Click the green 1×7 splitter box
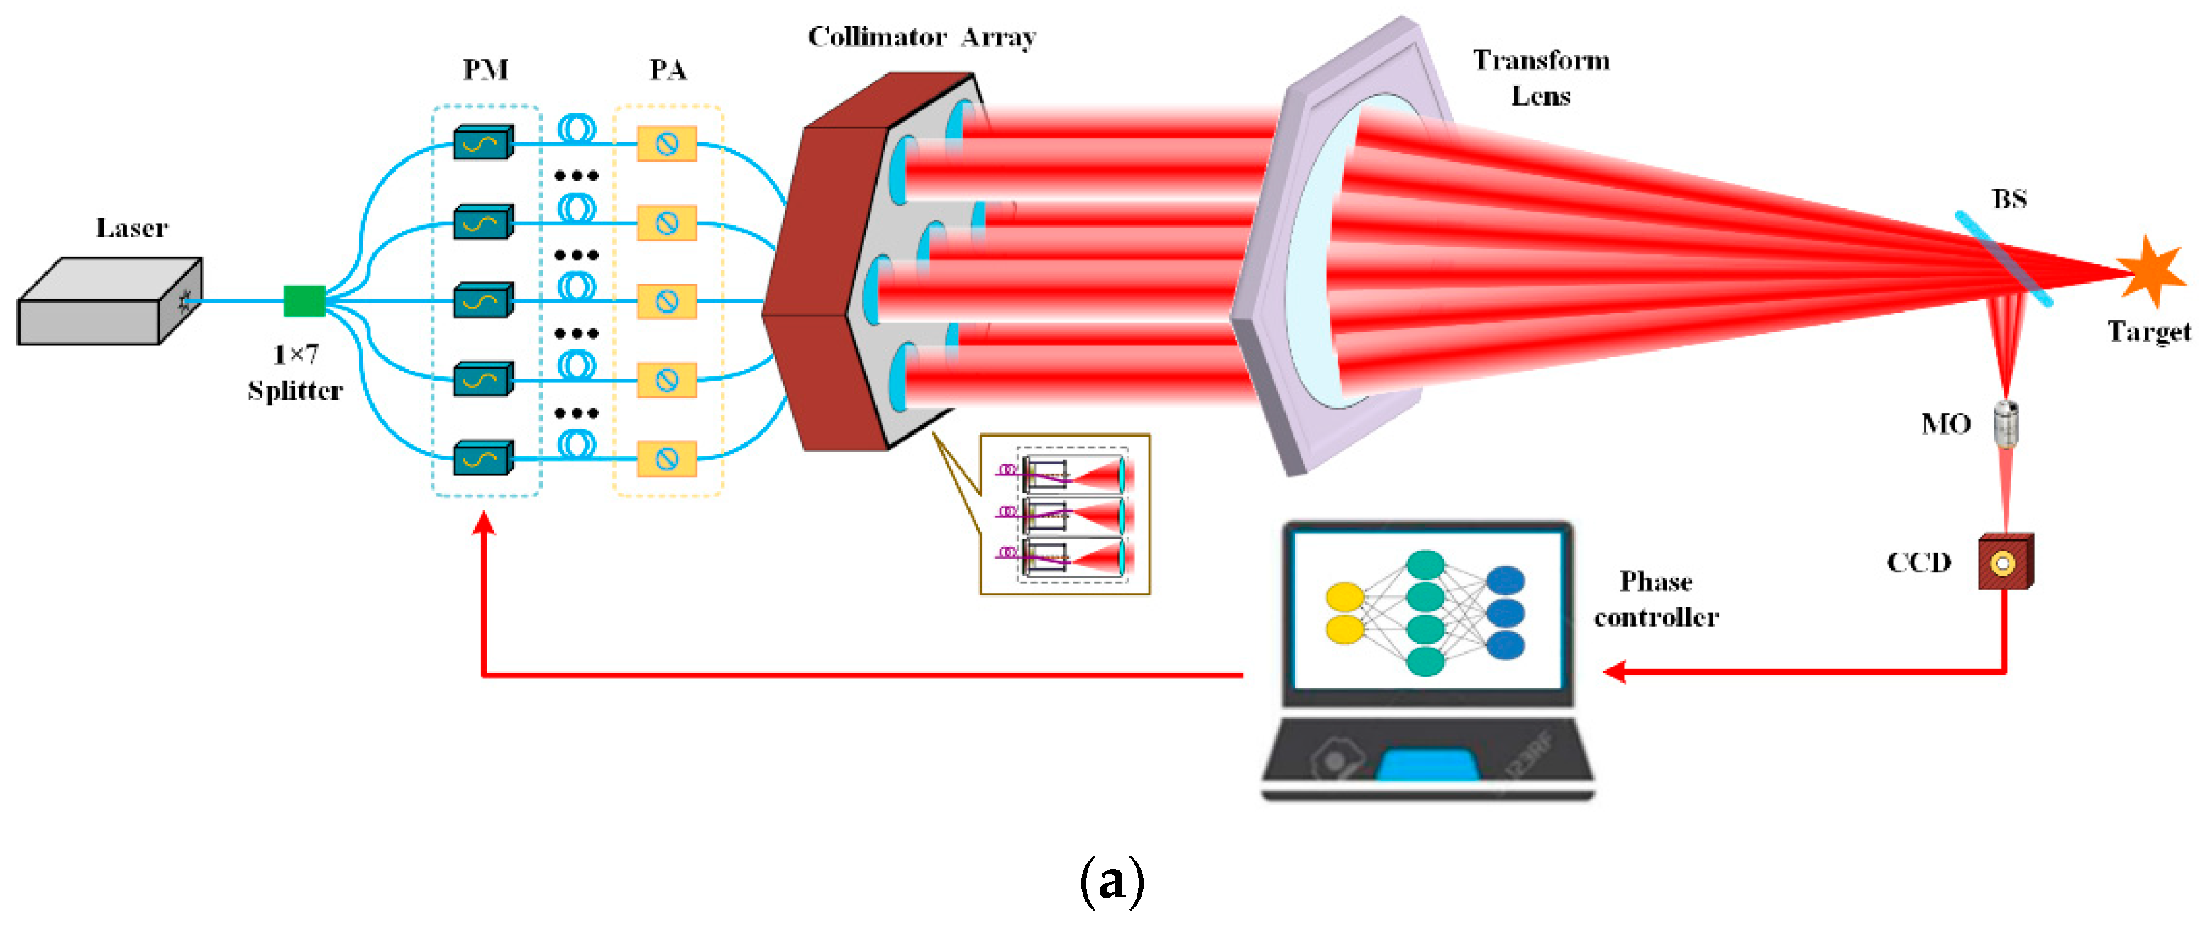pyautogui.click(x=304, y=301)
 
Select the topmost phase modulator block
pyautogui.click(x=482, y=143)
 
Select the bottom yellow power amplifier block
pyautogui.click(x=667, y=459)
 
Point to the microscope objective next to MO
pyautogui.click(x=2006, y=423)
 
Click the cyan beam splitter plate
pyautogui.click(x=2003, y=259)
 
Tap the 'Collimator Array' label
pyautogui.click(x=922, y=37)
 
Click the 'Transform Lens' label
pyautogui.click(x=1541, y=77)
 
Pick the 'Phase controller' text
pyautogui.click(x=1655, y=599)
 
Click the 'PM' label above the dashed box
pyautogui.click(x=485, y=69)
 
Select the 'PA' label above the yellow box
pyautogui.click(x=668, y=69)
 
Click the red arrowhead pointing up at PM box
pyautogui.click(x=485, y=522)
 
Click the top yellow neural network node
pyautogui.click(x=1344, y=596)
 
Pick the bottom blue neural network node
pyautogui.click(x=1505, y=645)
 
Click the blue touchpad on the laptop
pyautogui.click(x=1427, y=764)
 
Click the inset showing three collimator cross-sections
pyautogui.click(x=1065, y=513)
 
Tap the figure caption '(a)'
pyautogui.click(x=1111, y=881)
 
